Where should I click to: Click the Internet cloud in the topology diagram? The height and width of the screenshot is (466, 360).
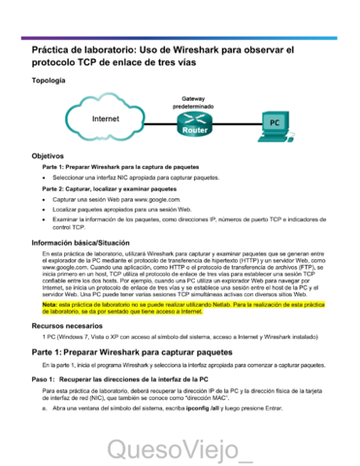click(x=106, y=118)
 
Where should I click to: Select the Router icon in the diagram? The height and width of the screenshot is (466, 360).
click(x=195, y=123)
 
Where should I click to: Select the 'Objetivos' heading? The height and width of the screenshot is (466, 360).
click(x=49, y=155)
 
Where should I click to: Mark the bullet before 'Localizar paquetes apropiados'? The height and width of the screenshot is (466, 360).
click(x=45, y=209)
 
